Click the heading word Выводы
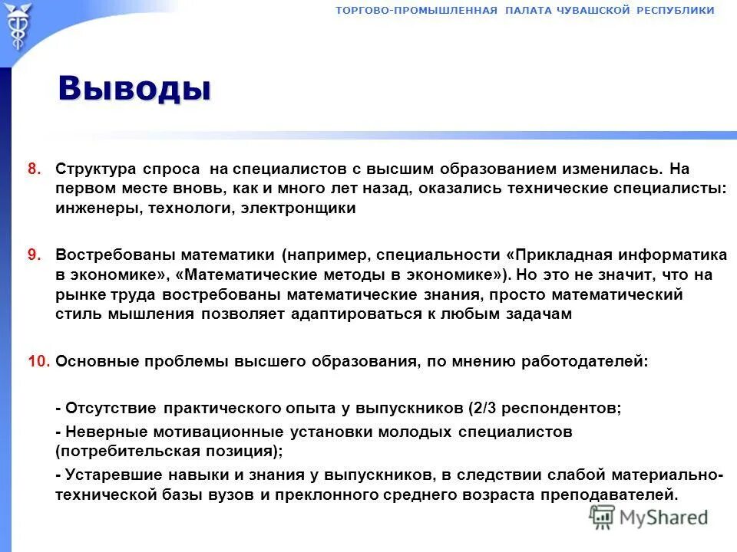click(134, 88)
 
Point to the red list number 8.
click(34, 168)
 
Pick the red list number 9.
click(34, 255)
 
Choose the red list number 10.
click(38, 361)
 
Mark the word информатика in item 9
click(667, 255)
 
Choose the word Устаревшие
click(108, 475)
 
